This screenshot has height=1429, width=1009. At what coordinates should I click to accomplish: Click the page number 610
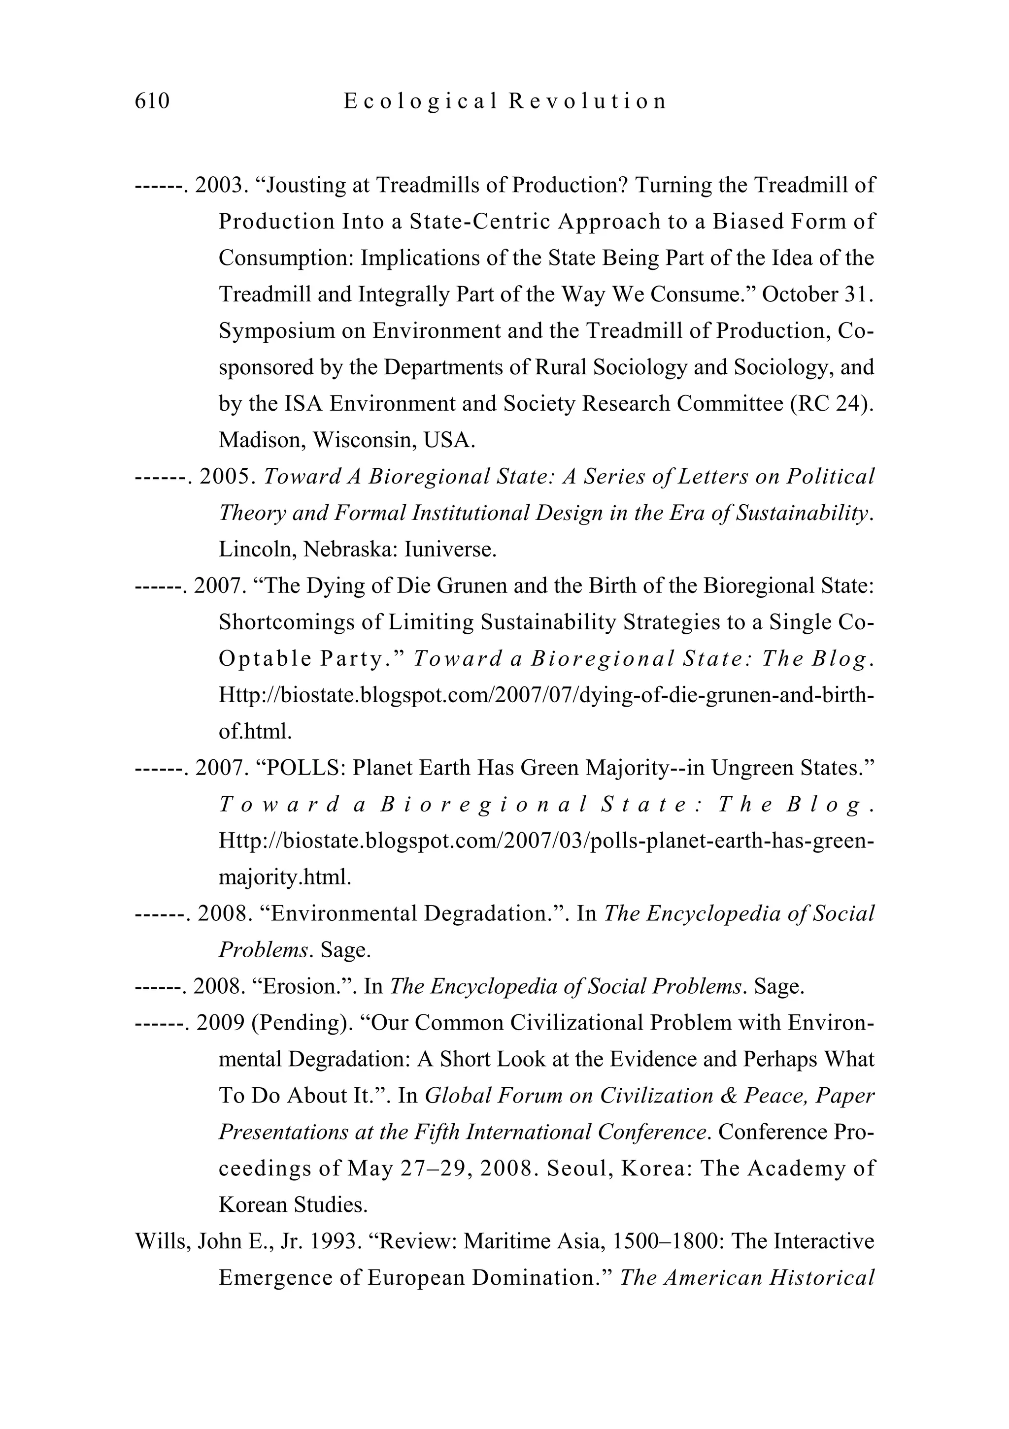pos(152,101)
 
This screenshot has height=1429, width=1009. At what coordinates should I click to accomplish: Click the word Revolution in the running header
pos(587,101)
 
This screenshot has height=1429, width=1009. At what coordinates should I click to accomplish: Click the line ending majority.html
pos(285,877)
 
